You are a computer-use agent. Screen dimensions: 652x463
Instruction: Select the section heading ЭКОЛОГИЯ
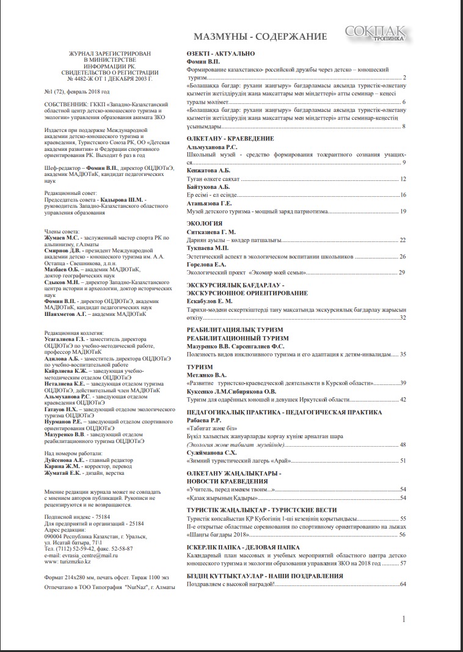[x=203, y=224]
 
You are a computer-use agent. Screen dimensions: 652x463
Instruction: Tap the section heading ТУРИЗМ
[x=200, y=366]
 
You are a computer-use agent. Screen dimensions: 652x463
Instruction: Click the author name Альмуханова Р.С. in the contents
[x=211, y=147]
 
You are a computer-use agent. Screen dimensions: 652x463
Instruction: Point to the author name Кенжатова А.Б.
[x=208, y=170]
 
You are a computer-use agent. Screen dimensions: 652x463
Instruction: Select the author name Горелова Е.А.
[x=207, y=264]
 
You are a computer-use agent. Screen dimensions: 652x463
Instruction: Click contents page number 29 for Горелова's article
[x=403, y=272]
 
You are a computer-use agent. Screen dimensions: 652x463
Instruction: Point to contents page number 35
[x=403, y=354]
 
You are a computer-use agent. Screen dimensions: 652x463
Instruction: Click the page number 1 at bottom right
[x=403, y=619]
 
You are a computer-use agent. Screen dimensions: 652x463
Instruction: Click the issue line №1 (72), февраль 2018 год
[x=78, y=91]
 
